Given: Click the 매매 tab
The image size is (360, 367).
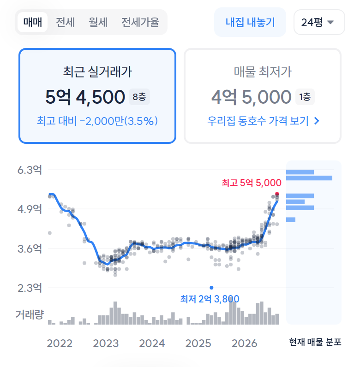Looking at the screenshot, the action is (x=33, y=22).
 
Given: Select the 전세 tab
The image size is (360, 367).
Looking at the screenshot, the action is (x=65, y=22).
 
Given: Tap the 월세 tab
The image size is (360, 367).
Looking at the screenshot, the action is (x=98, y=22).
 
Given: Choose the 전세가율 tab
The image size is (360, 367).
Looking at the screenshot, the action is (x=140, y=22).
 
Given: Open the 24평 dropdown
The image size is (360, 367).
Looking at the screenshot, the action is (x=319, y=22).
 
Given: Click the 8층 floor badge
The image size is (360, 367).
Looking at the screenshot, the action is (x=139, y=97).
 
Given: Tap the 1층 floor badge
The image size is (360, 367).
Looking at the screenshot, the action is (x=305, y=97).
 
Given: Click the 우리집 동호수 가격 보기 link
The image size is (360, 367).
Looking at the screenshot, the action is (x=263, y=121).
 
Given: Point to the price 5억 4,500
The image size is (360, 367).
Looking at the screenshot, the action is (x=85, y=97).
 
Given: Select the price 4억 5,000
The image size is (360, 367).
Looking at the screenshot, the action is (x=252, y=97).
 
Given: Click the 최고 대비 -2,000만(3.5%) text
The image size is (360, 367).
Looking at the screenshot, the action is (x=97, y=121).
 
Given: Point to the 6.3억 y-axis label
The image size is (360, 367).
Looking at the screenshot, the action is (x=30, y=170).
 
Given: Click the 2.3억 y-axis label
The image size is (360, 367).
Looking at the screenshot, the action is (x=30, y=288).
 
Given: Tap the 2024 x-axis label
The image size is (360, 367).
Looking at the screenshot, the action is (x=152, y=343).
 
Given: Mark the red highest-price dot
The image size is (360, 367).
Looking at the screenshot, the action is (x=277, y=194).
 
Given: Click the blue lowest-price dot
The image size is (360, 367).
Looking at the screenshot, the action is (x=211, y=288).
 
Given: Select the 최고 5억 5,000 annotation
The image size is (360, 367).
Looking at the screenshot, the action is (x=252, y=183).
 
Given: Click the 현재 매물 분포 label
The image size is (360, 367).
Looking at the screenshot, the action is (x=315, y=342).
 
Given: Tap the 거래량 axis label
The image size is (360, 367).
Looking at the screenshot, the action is (x=30, y=314).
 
